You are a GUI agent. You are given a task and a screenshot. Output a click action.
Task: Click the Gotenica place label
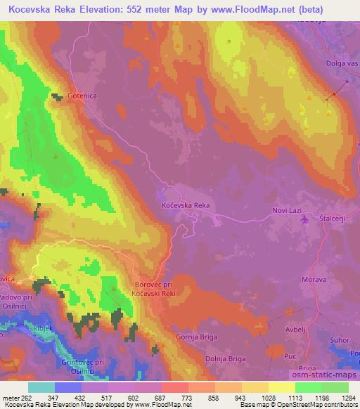82,96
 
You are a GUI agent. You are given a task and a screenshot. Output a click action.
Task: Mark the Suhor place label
340,342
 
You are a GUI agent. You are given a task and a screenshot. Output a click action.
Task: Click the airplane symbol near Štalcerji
304,219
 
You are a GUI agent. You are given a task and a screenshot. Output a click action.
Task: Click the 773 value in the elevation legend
187,398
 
